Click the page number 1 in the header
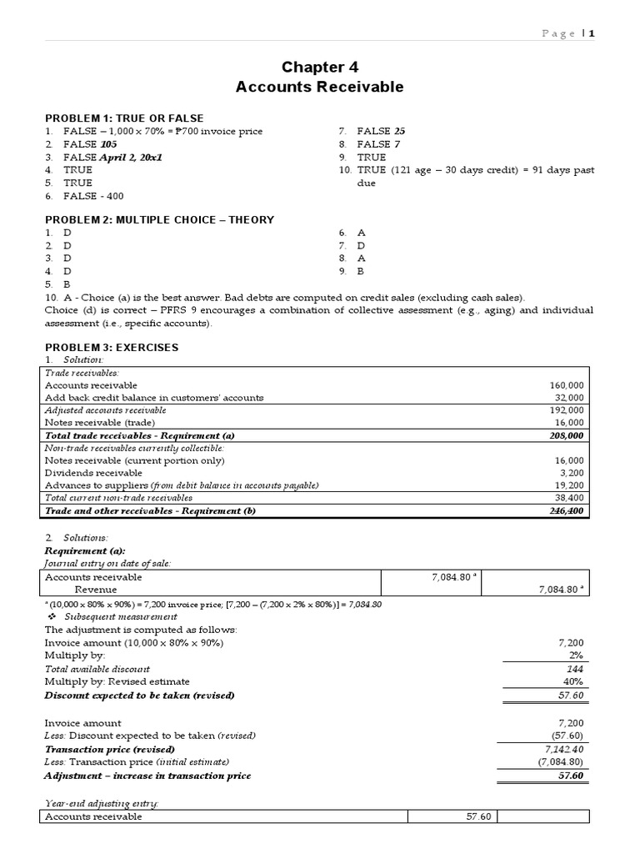click(x=591, y=33)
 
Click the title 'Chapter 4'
click(x=320, y=67)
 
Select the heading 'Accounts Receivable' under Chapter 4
click(x=320, y=87)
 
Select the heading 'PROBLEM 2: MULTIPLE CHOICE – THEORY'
click(x=158, y=219)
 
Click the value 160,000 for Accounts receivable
click(x=567, y=385)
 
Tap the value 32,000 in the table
click(x=570, y=398)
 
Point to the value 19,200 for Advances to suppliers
click(x=570, y=485)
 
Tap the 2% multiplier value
click(x=575, y=656)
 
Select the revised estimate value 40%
click(x=573, y=681)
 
